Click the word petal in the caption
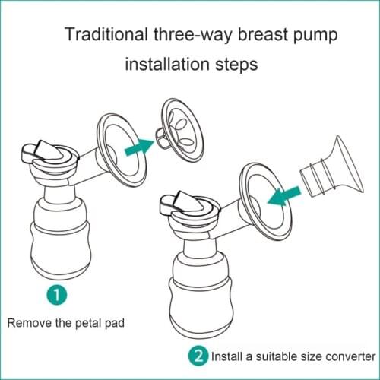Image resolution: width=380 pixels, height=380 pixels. [90, 322]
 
